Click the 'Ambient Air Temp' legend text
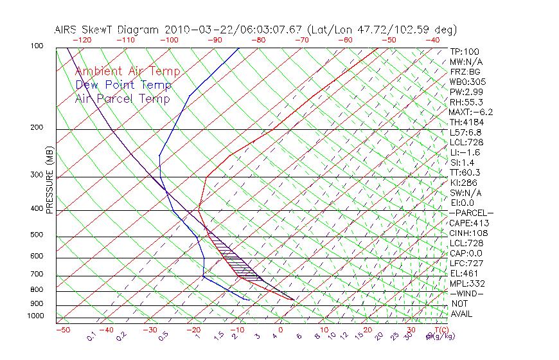(x=127, y=71)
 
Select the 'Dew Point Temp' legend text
(x=123, y=85)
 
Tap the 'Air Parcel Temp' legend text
(x=122, y=98)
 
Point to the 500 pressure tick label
(x=37, y=235)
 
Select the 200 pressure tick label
(x=37, y=128)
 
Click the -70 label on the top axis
(x=301, y=40)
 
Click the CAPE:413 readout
(x=468, y=223)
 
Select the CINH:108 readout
(x=468, y=233)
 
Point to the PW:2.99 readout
(x=466, y=92)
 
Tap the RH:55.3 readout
(x=466, y=102)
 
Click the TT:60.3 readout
(x=466, y=172)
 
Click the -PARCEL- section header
(x=471, y=213)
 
